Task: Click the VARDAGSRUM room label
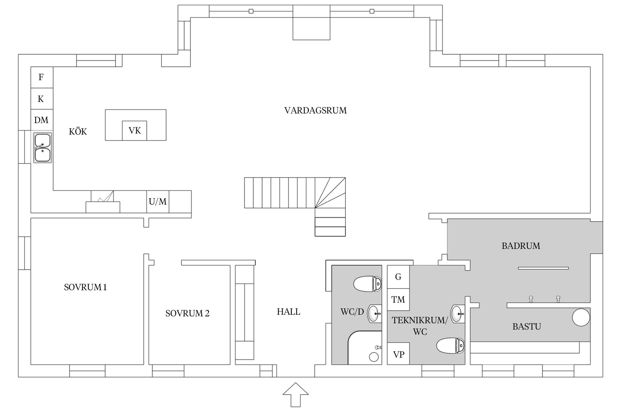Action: [x=315, y=110]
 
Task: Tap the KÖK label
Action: [x=78, y=132]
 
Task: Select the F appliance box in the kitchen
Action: [x=42, y=77]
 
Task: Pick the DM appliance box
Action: [x=42, y=120]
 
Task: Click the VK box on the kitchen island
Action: [x=135, y=131]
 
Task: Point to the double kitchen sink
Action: [x=43, y=147]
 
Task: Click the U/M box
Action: [x=158, y=202]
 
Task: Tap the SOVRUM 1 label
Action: [x=85, y=287]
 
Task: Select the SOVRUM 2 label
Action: [x=187, y=313]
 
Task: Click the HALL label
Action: [x=288, y=312]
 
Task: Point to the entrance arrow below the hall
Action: [x=295, y=394]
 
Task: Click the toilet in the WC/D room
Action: [x=367, y=284]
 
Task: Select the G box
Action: [x=398, y=277]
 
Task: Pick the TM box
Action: [x=398, y=299]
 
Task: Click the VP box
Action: [x=398, y=355]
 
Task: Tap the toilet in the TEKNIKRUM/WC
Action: [x=450, y=346]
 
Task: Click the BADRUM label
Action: [x=521, y=246]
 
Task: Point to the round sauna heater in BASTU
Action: [x=581, y=317]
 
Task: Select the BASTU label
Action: [x=527, y=327]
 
